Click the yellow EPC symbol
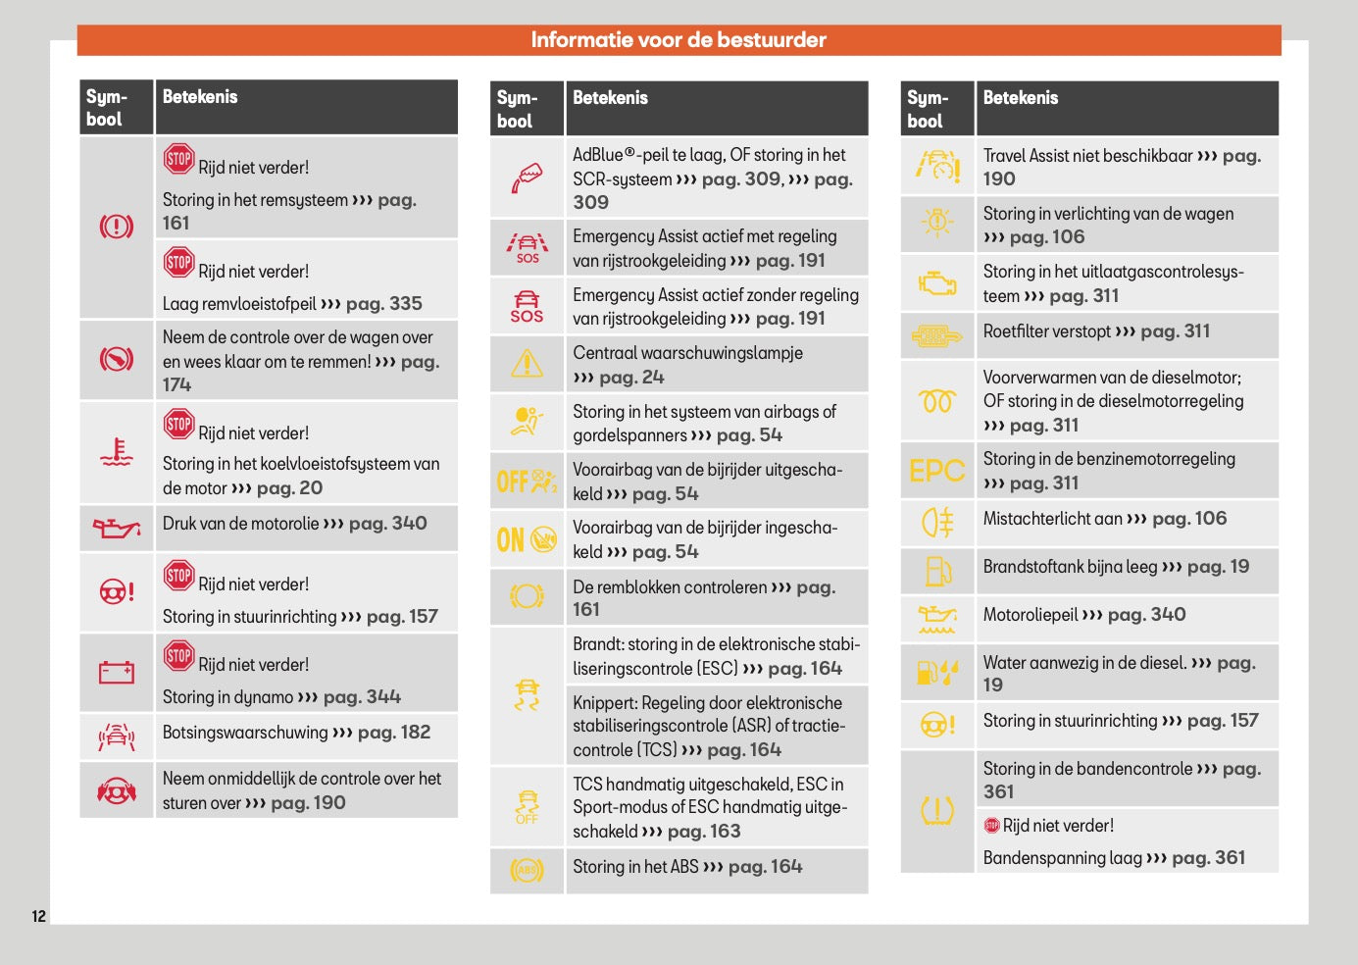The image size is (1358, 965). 936,471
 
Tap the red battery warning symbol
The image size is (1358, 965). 116,673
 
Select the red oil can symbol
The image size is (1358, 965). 116,529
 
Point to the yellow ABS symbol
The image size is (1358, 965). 527,870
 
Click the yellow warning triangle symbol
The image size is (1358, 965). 527,364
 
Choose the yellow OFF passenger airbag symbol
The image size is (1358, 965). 527,481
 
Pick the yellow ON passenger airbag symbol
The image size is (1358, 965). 527,538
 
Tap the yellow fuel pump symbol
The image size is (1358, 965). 936,570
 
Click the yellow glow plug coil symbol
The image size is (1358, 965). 936,401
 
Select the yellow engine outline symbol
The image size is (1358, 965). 936,283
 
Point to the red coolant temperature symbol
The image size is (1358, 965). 116,452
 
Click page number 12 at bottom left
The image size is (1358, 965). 38,916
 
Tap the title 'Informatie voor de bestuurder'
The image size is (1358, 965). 679,40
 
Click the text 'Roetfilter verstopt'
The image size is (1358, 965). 1047,331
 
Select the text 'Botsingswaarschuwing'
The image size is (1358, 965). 245,733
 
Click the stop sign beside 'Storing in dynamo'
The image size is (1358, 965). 178,655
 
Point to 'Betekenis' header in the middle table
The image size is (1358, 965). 610,98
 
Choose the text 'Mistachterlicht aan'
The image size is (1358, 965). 1052,519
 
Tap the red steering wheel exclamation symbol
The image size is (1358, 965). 116,591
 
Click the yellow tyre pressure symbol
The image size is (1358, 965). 936,811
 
